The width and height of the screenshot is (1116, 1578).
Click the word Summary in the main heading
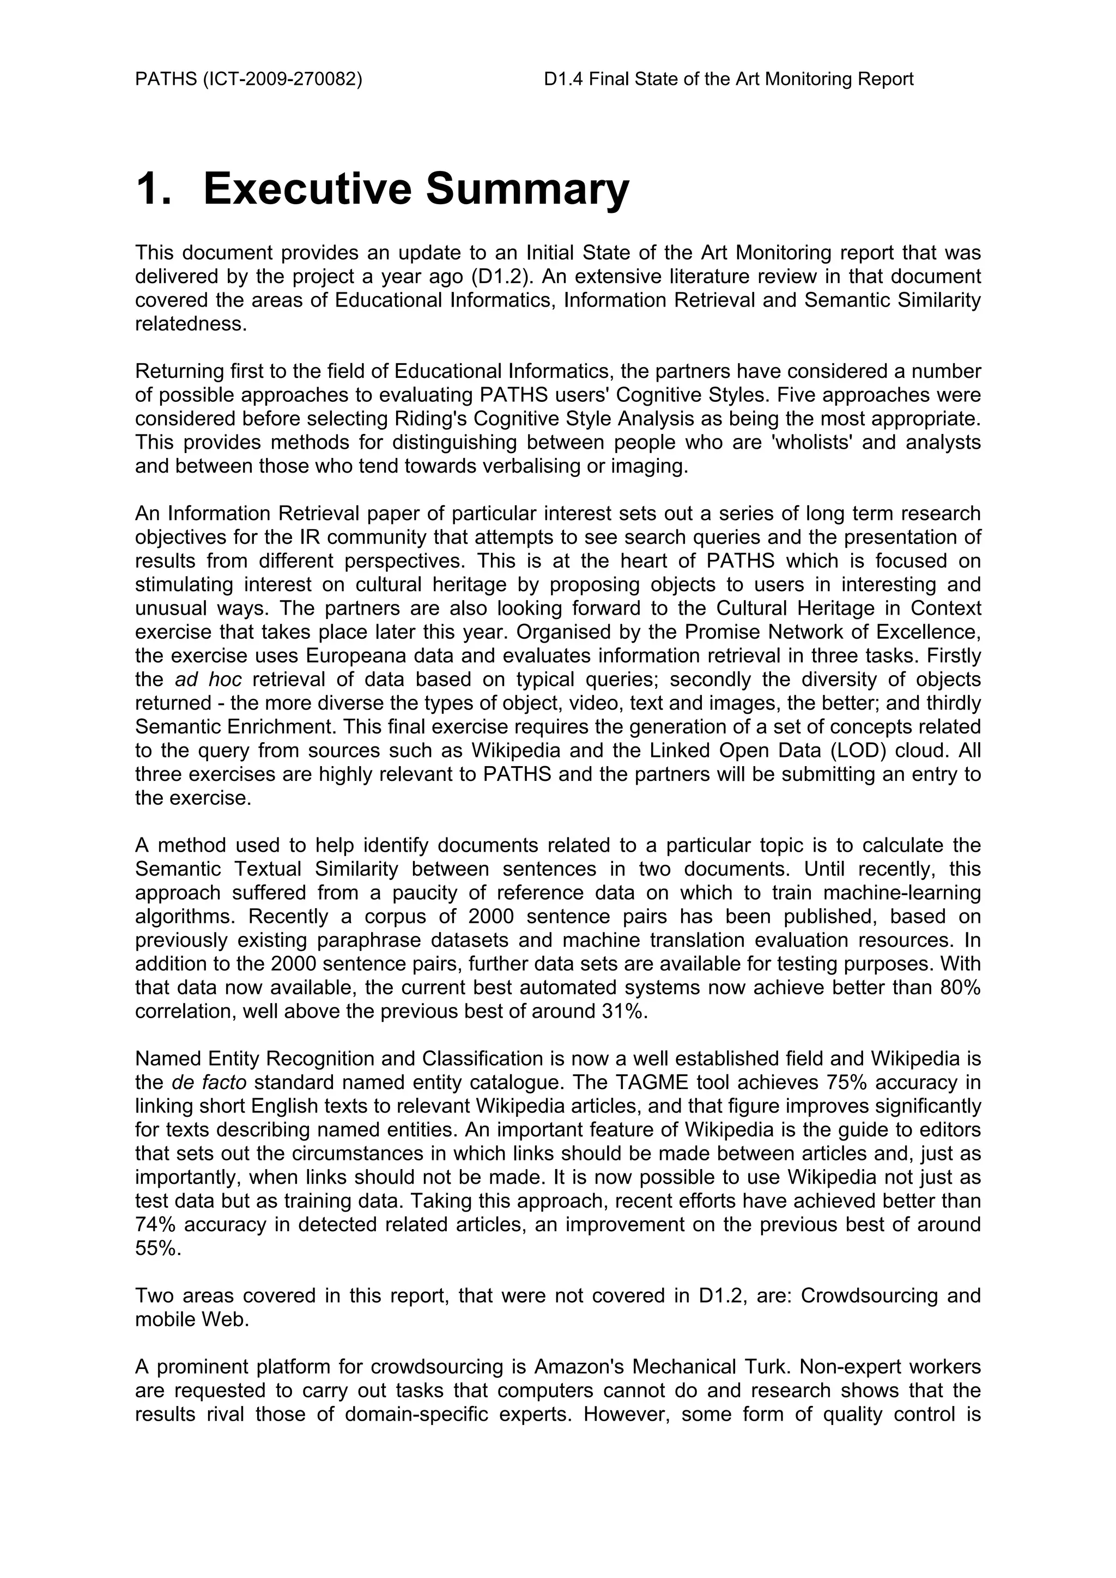527,189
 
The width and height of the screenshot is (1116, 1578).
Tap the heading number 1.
153,189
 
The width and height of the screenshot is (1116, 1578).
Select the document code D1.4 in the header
563,79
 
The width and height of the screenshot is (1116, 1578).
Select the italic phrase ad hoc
208,680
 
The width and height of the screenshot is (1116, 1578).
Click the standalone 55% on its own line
157,1249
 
